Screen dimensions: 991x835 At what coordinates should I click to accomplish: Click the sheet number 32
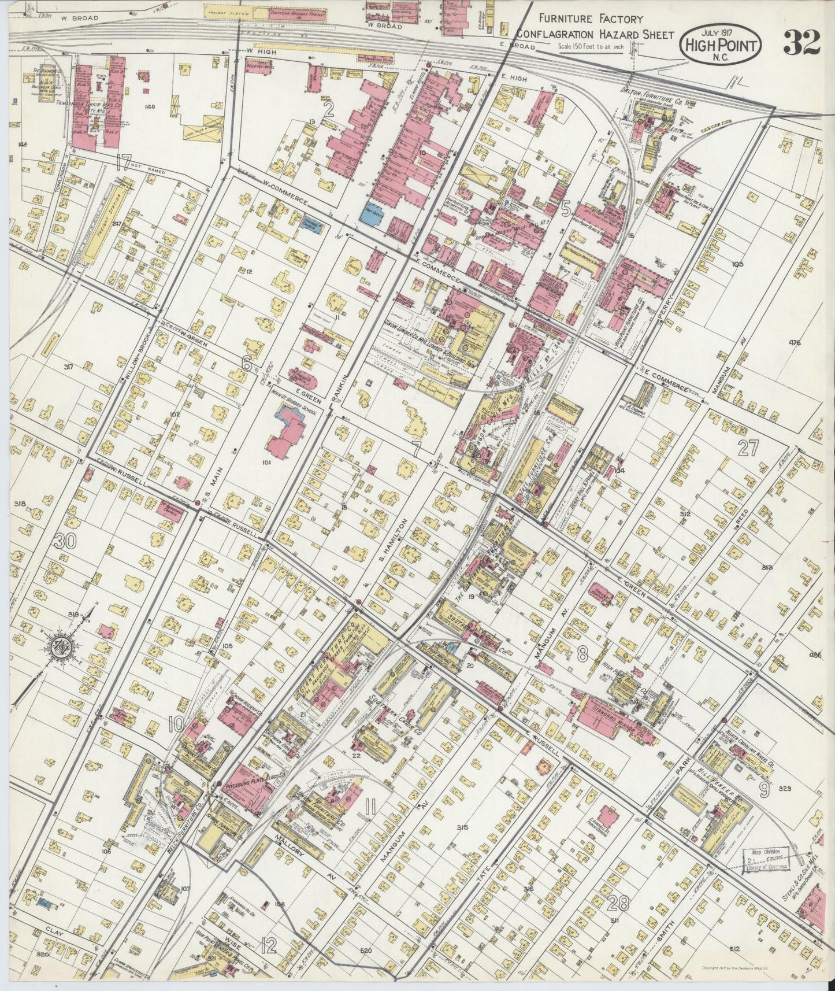coord(801,42)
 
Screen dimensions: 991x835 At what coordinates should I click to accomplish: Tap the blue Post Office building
coord(370,212)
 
